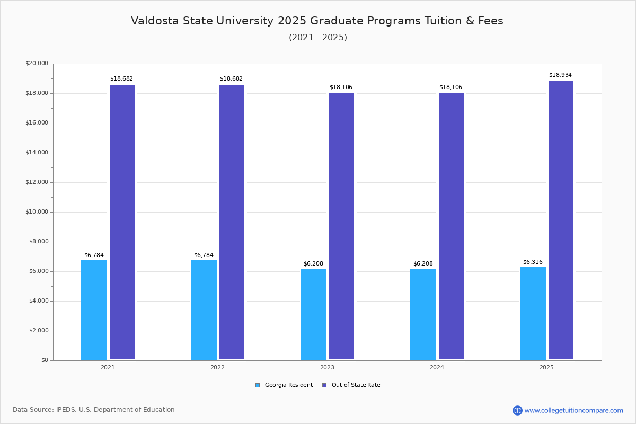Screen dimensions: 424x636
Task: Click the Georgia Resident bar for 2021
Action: point(94,310)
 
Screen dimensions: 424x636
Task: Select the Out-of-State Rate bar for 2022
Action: point(232,222)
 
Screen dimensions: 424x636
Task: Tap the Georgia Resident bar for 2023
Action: point(313,314)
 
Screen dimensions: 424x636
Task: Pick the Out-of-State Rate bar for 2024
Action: point(451,226)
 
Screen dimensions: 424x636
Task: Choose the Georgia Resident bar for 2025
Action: point(533,313)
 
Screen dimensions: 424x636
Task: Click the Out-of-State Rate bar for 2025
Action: point(561,220)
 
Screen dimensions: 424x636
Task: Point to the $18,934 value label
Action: point(560,75)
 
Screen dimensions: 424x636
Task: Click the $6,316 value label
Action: point(533,262)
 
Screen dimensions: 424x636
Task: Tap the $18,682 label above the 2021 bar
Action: point(121,79)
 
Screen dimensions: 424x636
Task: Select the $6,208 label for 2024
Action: point(423,264)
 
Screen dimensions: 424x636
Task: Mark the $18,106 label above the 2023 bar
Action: point(341,87)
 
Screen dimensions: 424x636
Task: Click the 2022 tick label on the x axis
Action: point(217,367)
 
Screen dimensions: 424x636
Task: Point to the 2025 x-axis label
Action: point(546,367)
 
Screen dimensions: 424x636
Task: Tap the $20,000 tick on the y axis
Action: point(37,64)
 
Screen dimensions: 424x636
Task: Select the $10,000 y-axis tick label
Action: point(37,212)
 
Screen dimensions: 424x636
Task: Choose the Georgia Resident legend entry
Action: point(284,385)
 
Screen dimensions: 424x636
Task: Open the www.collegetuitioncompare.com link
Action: point(573,410)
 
